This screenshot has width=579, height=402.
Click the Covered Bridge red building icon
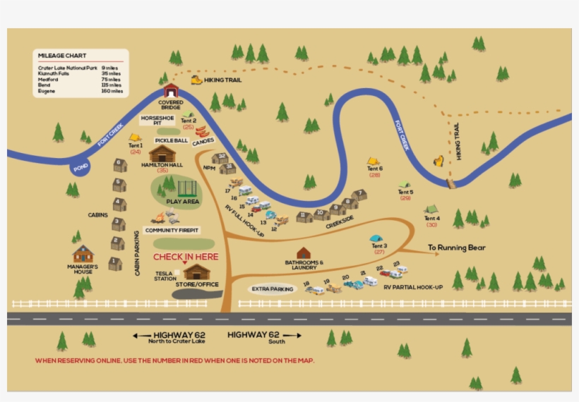(171, 90)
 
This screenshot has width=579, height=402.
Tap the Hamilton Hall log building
(162, 154)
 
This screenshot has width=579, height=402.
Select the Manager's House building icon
(83, 254)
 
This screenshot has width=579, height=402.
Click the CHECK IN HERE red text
(186, 257)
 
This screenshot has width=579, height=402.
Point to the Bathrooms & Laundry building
(304, 252)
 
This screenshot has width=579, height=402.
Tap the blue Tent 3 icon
(376, 238)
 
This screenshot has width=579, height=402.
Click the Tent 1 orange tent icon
(135, 138)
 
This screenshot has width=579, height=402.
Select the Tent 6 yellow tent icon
(373, 162)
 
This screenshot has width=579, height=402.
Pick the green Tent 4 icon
(431, 209)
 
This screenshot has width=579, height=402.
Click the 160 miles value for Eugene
(112, 91)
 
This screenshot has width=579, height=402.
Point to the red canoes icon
(203, 131)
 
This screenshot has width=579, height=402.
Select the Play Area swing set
(186, 188)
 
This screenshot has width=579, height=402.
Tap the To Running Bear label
(457, 248)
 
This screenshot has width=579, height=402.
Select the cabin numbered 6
(120, 165)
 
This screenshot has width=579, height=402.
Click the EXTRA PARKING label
(272, 289)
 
